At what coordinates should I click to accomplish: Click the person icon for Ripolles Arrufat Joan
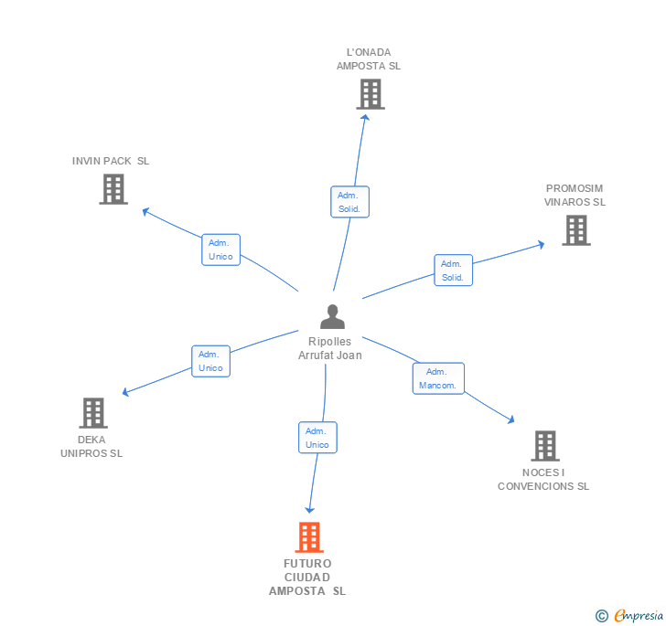point(332,317)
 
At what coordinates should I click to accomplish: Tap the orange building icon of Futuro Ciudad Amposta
point(309,537)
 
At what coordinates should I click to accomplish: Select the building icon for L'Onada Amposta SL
point(370,94)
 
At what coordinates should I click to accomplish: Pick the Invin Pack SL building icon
point(113,189)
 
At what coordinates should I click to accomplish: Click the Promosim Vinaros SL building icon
point(575,230)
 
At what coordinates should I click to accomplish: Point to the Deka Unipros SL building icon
point(92,413)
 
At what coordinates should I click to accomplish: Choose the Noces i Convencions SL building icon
point(544,446)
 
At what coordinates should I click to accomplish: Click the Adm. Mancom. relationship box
point(438,378)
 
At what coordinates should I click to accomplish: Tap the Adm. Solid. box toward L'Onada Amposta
point(349,202)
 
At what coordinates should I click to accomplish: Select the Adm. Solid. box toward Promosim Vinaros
point(453,271)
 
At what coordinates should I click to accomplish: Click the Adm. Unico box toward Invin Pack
point(220,249)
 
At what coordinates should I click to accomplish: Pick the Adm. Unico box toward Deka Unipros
point(210,361)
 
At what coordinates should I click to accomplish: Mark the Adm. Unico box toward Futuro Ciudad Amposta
point(317,438)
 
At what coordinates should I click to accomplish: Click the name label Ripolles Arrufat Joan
point(330,348)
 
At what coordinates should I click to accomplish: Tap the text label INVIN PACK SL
point(111,161)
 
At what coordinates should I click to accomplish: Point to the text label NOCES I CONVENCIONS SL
point(543,479)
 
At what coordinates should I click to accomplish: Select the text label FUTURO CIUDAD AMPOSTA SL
point(307,577)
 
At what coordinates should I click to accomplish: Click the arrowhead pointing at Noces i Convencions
point(510,419)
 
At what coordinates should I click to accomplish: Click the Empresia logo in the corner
point(629,616)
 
